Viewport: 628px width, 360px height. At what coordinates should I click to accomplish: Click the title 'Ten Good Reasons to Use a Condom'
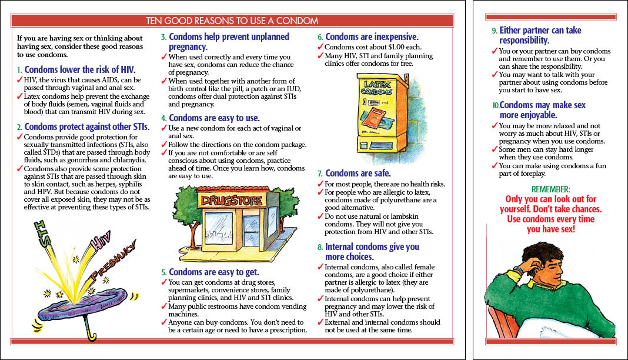(x=232, y=21)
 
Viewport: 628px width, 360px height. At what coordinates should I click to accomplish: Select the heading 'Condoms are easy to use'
(x=214, y=118)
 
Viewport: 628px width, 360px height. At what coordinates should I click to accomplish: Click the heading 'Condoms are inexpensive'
(x=372, y=36)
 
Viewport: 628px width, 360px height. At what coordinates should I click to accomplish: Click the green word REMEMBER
(x=550, y=189)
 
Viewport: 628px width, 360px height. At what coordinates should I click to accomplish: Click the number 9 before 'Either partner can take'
(x=494, y=31)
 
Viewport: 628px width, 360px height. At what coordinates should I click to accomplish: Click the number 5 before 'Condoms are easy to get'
(x=164, y=272)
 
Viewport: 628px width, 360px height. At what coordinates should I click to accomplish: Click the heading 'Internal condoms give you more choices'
(x=372, y=252)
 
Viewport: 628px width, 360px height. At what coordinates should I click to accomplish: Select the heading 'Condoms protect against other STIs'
(x=87, y=126)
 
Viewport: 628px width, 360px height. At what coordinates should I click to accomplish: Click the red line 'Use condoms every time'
(x=550, y=219)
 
